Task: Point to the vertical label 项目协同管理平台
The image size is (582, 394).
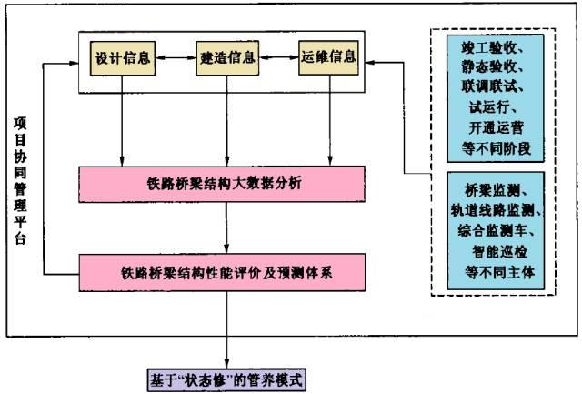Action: tap(20, 182)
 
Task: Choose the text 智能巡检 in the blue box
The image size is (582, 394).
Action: tap(491, 249)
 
